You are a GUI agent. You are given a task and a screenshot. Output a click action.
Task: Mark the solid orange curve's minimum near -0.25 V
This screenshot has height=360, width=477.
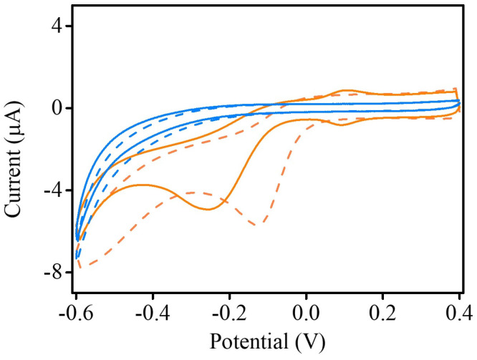(208, 209)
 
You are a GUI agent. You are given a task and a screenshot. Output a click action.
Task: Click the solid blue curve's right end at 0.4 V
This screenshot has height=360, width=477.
(458, 100)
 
